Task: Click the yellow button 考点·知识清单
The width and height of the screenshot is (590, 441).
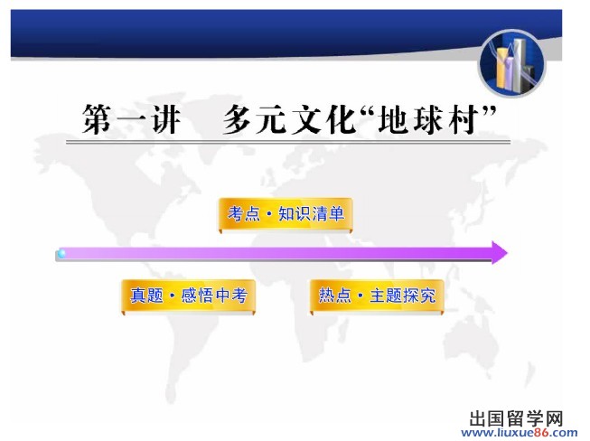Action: tap(286, 214)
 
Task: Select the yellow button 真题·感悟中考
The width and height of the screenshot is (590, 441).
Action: tap(188, 296)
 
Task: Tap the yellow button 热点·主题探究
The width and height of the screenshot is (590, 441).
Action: tap(377, 296)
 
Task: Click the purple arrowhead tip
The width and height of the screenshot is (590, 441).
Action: tap(507, 252)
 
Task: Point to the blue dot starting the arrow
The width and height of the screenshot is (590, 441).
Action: tap(61, 253)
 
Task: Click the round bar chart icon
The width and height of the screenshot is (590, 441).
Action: tap(511, 63)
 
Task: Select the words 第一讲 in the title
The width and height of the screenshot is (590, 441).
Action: tap(131, 119)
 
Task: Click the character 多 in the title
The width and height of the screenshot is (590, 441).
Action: tap(238, 119)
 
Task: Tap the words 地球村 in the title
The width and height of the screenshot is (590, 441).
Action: tap(428, 119)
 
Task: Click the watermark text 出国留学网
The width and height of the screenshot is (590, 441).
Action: tap(516, 418)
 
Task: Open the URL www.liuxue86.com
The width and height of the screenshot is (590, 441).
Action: tap(520, 433)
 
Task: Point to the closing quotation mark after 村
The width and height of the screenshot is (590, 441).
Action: tap(489, 112)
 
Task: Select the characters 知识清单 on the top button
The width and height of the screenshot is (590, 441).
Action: tap(312, 214)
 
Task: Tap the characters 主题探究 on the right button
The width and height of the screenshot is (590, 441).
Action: tap(403, 296)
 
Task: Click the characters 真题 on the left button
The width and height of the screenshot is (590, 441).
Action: tap(146, 296)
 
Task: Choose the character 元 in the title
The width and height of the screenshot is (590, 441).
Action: tap(271, 119)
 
